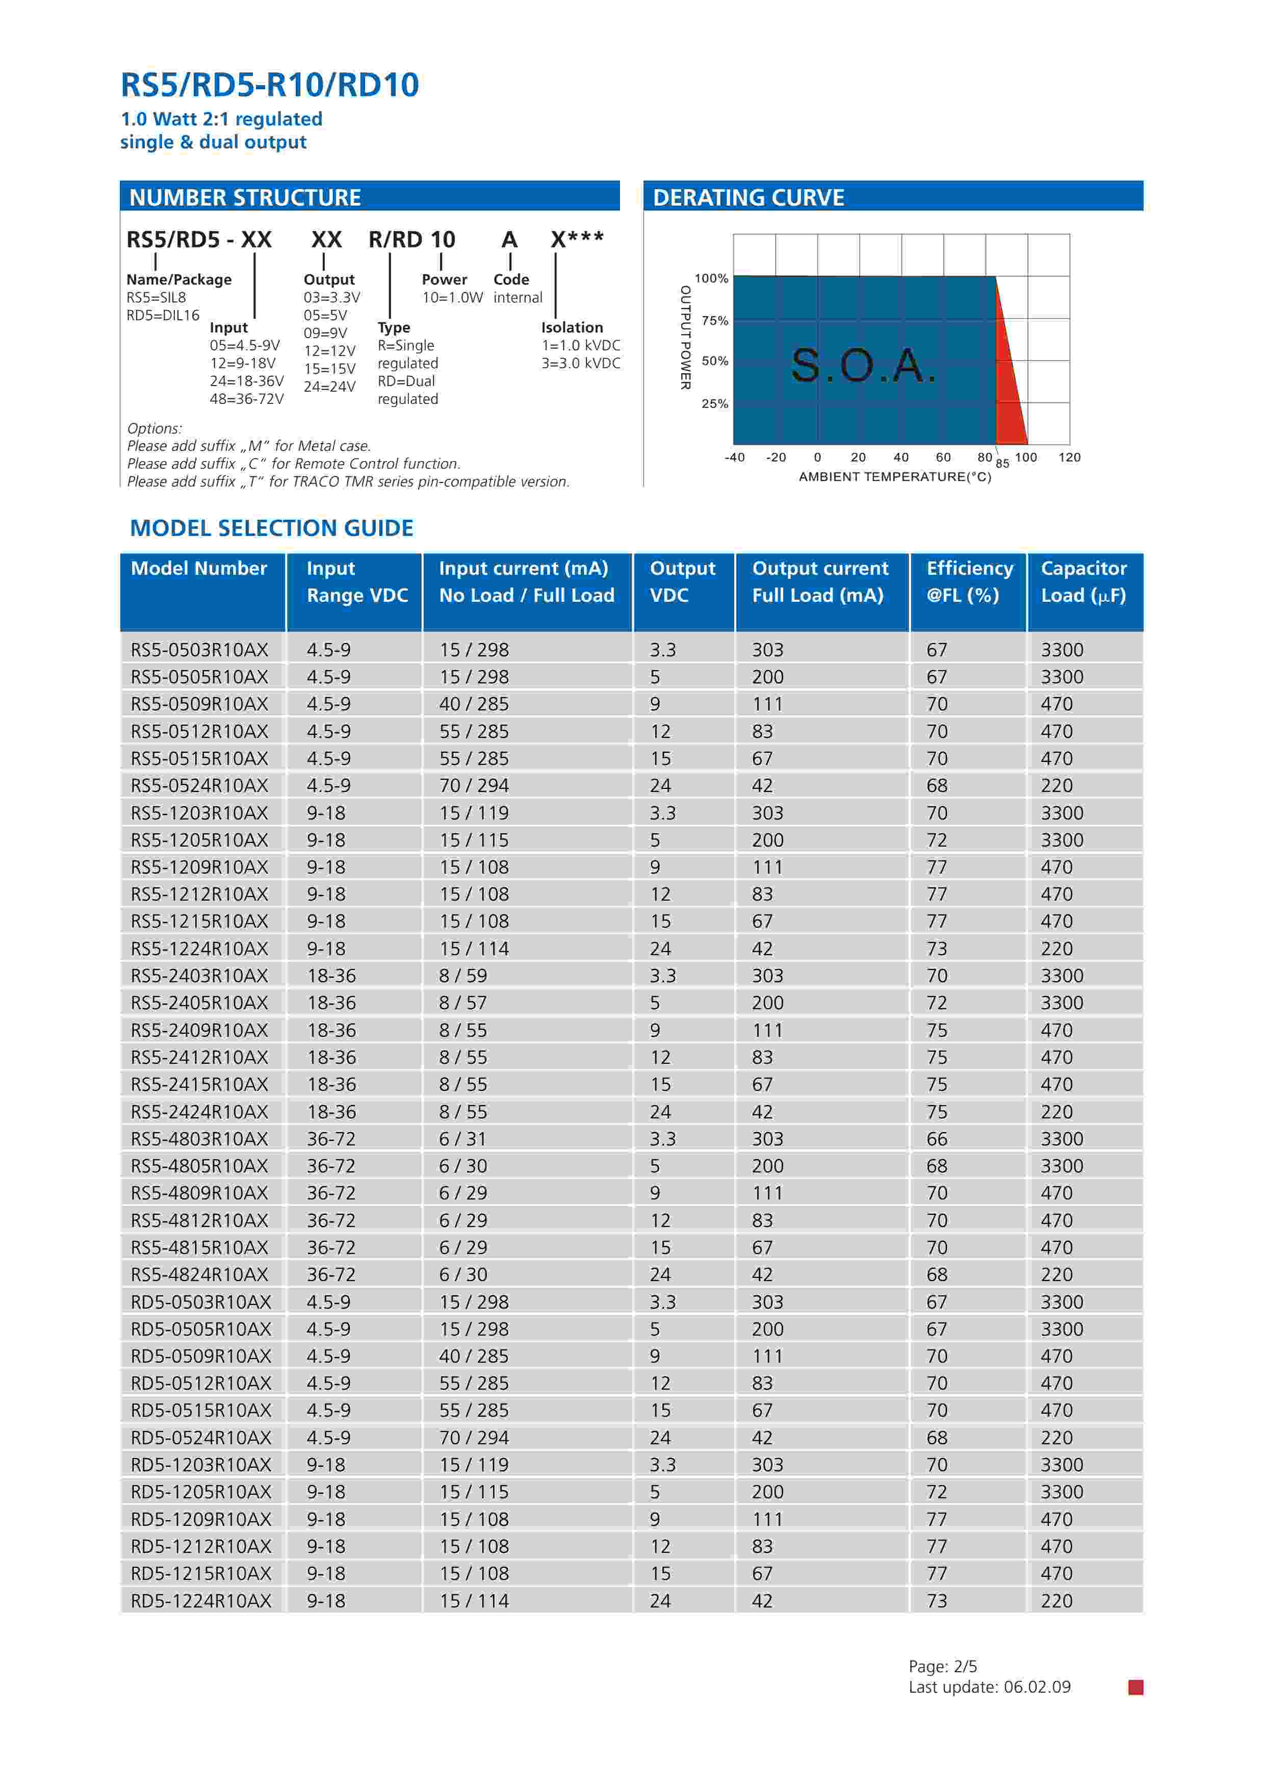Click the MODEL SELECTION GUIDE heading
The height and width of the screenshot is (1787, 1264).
click(x=272, y=528)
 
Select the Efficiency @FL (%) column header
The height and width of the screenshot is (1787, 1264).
click(x=969, y=581)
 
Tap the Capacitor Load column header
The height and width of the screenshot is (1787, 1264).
click(x=1084, y=581)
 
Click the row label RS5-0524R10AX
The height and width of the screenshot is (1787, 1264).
click(x=199, y=785)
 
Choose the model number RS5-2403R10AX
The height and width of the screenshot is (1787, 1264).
click(x=199, y=975)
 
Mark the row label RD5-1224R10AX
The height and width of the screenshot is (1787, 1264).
click(x=201, y=1601)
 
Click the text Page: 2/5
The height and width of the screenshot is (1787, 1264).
click(x=943, y=1666)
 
